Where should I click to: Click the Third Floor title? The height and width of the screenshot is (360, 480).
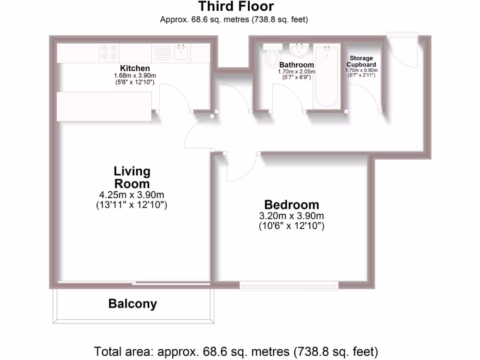[235, 7]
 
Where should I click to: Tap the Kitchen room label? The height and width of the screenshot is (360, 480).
[135, 68]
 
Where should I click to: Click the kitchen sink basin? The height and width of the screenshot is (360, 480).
[182, 52]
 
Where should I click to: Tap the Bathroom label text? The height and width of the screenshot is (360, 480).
[296, 65]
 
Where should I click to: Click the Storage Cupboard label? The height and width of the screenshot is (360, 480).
[361, 61]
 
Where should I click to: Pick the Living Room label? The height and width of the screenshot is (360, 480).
[133, 177]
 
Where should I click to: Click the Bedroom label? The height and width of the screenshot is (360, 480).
[292, 205]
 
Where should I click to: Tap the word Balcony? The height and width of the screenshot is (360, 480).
[133, 304]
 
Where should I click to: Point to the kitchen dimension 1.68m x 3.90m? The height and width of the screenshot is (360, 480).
[135, 76]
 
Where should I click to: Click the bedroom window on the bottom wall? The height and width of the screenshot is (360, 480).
[289, 284]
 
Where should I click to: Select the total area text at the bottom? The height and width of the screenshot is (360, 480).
[236, 351]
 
